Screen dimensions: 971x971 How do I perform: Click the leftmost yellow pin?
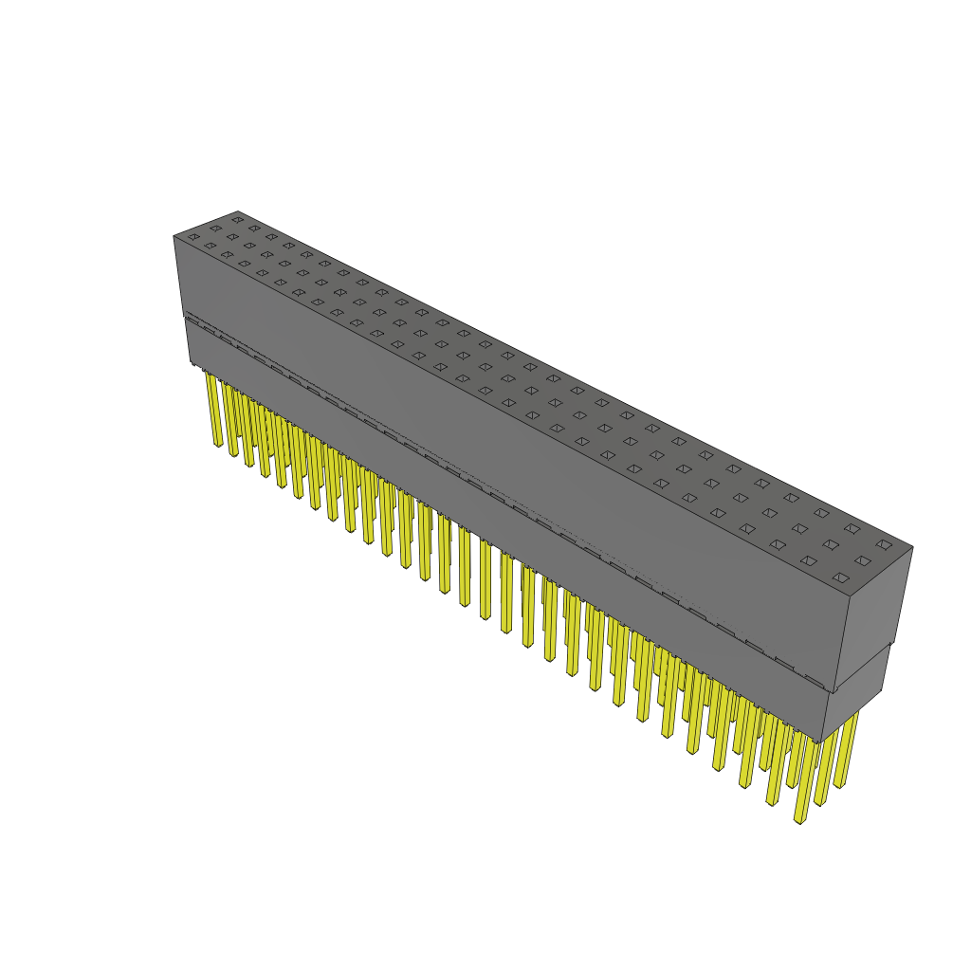[x=213, y=408]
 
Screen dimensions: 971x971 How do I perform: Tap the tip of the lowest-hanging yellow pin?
[x=800, y=819]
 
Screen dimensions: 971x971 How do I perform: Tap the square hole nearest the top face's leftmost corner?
[x=193, y=237]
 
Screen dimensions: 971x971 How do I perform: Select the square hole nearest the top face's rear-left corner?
[x=237, y=220]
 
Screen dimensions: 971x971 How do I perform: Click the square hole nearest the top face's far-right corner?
[x=884, y=544]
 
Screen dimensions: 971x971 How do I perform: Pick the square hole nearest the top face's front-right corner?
[x=840, y=577]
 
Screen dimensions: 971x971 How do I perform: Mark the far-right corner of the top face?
[x=912, y=547]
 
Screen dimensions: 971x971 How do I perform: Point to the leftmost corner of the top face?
[x=174, y=236]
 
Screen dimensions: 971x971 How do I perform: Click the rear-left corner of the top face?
[x=237, y=211]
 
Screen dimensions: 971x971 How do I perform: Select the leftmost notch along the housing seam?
[x=192, y=323]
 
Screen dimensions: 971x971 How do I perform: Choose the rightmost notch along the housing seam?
[x=814, y=681]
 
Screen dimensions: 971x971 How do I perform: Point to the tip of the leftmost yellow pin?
[x=218, y=445]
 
